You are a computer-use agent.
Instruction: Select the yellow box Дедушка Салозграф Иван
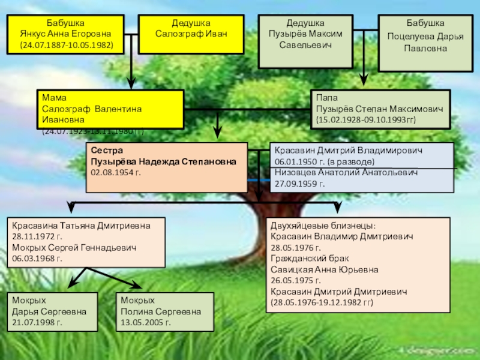(x=191, y=35)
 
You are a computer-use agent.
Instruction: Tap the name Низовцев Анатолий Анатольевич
(x=347, y=173)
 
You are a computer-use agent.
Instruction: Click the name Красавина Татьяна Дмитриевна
(x=80, y=226)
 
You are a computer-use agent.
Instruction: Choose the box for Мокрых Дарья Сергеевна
(x=52, y=311)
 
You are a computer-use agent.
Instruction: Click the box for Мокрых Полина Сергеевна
(x=164, y=311)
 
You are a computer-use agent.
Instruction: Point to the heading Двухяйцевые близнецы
(x=323, y=226)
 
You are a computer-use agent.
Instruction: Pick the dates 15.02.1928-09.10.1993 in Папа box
(x=366, y=120)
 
